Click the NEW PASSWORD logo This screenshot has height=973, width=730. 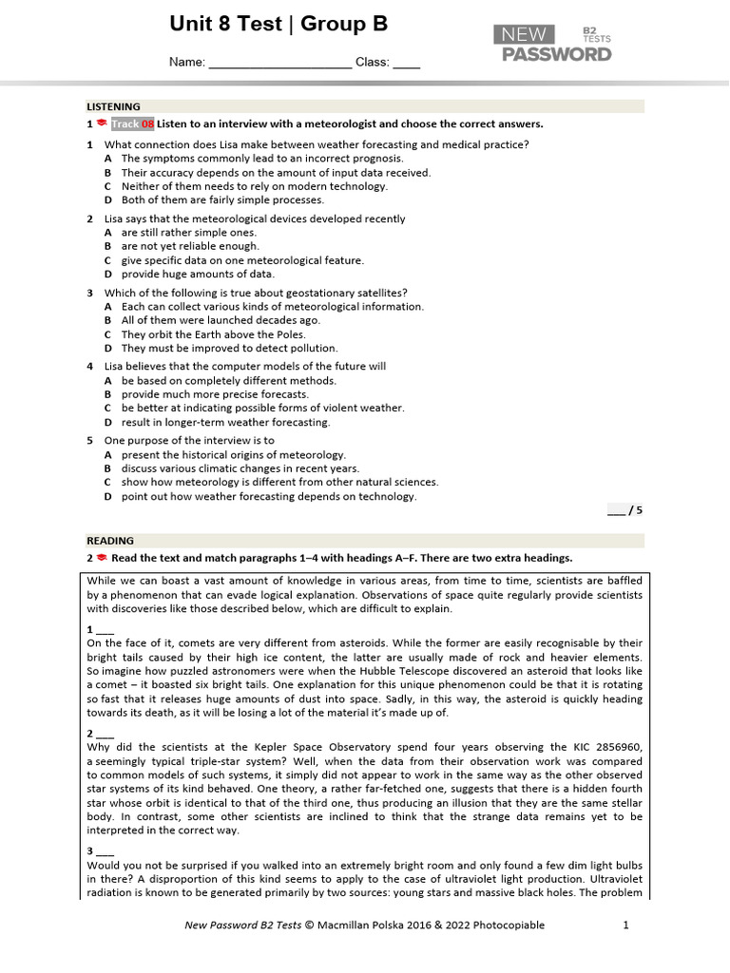tap(552, 44)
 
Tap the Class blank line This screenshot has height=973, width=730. tap(406, 64)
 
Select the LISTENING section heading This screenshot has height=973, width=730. tap(114, 106)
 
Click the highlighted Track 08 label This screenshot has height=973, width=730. tap(132, 124)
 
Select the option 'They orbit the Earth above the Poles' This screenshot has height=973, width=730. tap(213, 334)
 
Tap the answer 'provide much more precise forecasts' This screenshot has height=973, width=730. tap(215, 394)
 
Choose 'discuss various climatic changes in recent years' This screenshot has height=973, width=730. tap(240, 468)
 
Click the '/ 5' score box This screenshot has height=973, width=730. tap(625, 510)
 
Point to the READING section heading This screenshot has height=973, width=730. tap(110, 541)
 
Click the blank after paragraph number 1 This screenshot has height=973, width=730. tap(105, 630)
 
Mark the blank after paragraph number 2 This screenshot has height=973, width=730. tap(105, 735)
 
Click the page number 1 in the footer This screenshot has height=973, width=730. tap(625, 925)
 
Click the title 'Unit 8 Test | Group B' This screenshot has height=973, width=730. tap(279, 25)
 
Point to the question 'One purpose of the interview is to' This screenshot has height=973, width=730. tap(189, 441)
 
